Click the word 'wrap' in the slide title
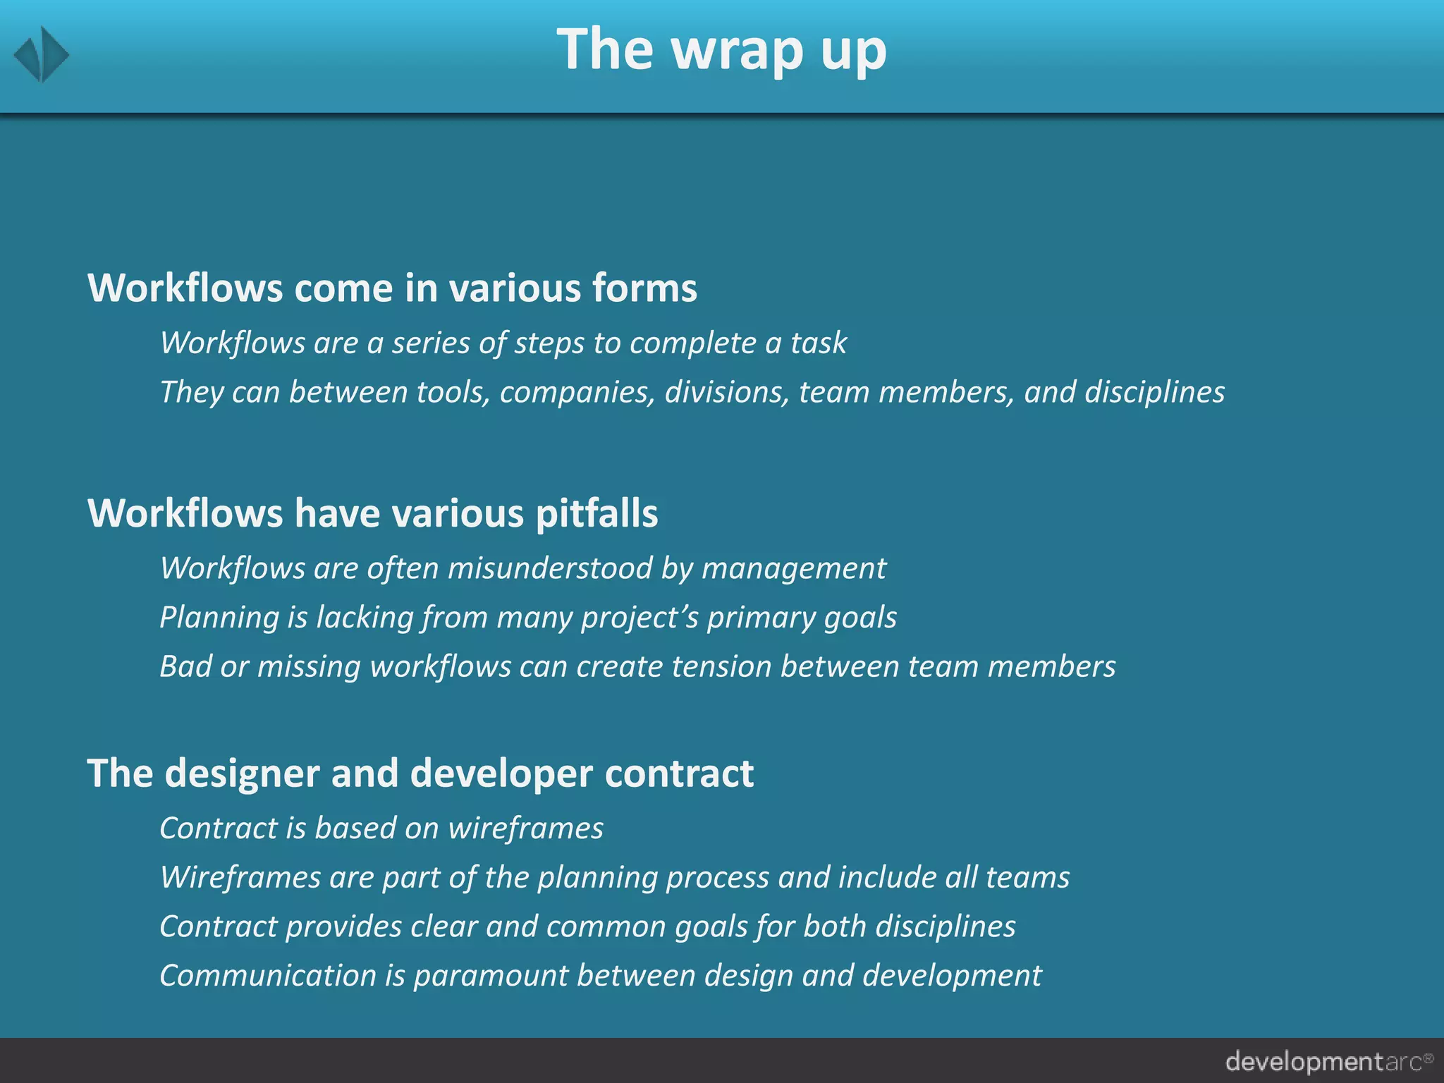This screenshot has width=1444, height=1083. [737, 51]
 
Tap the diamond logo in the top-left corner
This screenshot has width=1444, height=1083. [42, 54]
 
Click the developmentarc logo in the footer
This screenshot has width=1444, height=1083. [1328, 1061]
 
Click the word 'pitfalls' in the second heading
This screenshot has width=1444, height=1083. [596, 513]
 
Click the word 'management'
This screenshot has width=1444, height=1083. [794, 568]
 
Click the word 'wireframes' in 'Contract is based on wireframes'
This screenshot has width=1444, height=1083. [526, 828]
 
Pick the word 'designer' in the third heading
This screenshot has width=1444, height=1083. [243, 773]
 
